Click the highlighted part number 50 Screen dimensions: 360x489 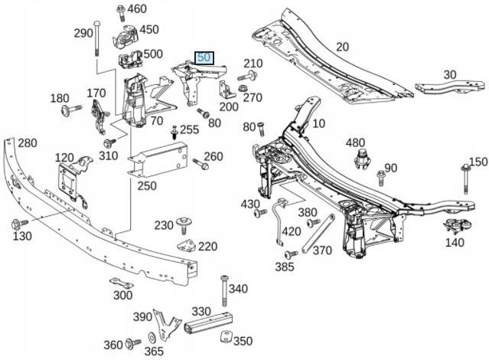click(204, 57)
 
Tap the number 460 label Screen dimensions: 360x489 click(136, 9)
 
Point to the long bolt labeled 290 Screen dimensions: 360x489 click(96, 42)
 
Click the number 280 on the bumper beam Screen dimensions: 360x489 click(28, 142)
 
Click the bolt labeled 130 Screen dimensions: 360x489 click(16, 224)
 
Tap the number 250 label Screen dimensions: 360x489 click(146, 185)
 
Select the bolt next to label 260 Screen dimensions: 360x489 click(197, 164)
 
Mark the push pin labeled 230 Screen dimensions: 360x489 click(184, 224)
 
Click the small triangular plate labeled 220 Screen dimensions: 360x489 click(186, 246)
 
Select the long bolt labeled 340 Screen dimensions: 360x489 click(224, 289)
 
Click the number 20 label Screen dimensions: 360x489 click(341, 47)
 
